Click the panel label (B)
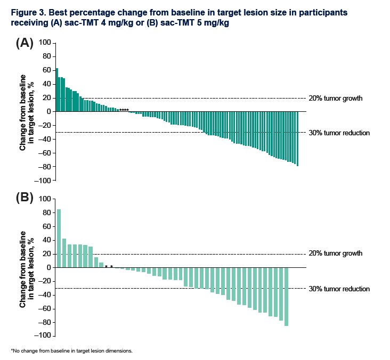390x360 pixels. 25,199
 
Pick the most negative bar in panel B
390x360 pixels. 286,296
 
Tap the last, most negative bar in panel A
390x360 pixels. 297,138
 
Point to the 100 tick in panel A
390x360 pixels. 46,43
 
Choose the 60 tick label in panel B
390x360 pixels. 47,226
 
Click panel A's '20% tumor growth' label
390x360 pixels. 336,99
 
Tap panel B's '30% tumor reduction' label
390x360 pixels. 339,289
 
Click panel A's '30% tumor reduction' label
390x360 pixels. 339,133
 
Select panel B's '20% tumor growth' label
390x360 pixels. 336,253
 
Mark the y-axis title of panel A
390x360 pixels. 28,112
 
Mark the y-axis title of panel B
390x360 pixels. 28,268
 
